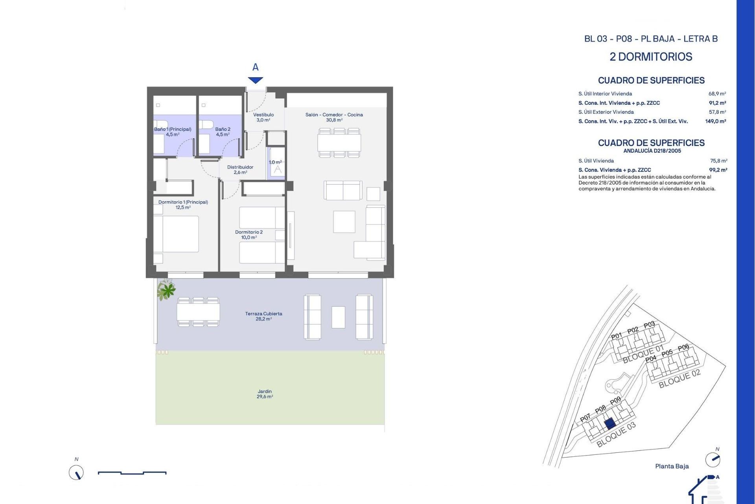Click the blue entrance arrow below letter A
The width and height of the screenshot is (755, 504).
pyautogui.click(x=256, y=80)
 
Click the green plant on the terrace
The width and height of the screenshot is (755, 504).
pyautogui.click(x=167, y=290)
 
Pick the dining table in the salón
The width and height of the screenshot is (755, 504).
pyautogui.click(x=339, y=143)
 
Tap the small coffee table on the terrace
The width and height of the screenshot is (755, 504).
pyautogui.click(x=338, y=317)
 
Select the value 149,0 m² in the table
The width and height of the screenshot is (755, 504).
pyautogui.click(x=715, y=121)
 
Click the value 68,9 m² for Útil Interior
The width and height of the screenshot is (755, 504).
pyautogui.click(x=717, y=94)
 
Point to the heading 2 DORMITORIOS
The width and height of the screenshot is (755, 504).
pyautogui.click(x=651, y=57)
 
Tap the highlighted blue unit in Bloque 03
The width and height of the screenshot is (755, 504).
pyautogui.click(x=610, y=423)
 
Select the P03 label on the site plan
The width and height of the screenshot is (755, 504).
pyautogui.click(x=649, y=325)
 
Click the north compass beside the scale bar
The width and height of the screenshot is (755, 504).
pyautogui.click(x=76, y=472)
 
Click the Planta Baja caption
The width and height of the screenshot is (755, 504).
pyautogui.click(x=672, y=466)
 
